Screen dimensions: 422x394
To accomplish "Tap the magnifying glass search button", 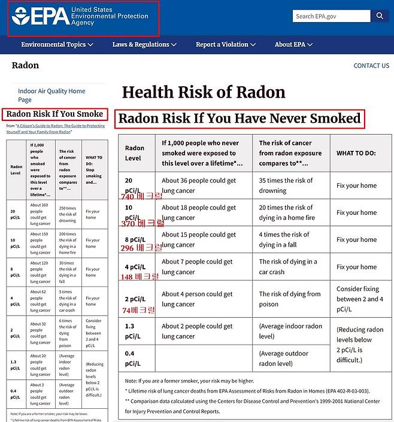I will click(380, 16).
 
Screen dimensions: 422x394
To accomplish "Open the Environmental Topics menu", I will click(57, 44).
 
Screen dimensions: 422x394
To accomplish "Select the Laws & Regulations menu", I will click(144, 44).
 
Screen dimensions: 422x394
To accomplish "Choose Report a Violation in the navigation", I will click(226, 44).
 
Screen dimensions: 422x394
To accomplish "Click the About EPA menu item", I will click(293, 44).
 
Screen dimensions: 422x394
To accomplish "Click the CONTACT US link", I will click(371, 66).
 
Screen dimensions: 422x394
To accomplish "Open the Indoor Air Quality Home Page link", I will click(51, 95).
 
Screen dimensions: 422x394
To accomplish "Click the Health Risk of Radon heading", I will click(204, 92).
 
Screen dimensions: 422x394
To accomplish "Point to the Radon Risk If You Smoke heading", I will click(54, 114).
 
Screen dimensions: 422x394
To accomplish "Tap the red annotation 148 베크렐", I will click(140, 277).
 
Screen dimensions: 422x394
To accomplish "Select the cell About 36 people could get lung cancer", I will click(199, 186).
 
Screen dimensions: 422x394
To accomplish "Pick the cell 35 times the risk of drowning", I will click(286, 186).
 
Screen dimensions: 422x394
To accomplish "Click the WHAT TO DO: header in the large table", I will click(356, 153).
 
